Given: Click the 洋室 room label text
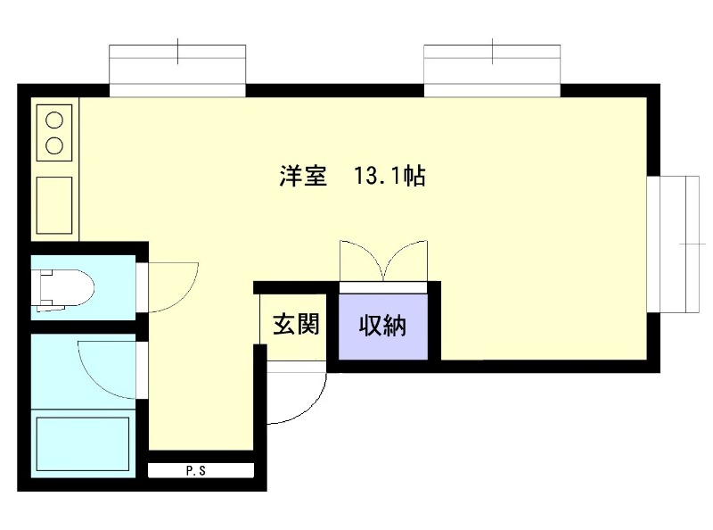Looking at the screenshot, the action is (x=303, y=175).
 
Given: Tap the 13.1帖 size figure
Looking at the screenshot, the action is (x=389, y=175).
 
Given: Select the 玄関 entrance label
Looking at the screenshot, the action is (x=296, y=324).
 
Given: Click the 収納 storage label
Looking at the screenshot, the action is (x=382, y=326).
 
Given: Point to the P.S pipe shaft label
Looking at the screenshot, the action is (x=196, y=471).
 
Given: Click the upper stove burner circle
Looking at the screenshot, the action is (x=54, y=120).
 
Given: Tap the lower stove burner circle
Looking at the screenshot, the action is (x=54, y=145).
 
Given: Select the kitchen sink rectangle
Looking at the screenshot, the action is (x=54, y=205).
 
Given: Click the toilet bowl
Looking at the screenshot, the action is (x=73, y=289).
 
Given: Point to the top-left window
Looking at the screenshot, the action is (x=177, y=70).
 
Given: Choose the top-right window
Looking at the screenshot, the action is (x=492, y=70).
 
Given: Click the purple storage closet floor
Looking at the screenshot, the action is (x=383, y=326).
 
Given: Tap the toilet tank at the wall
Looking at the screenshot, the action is (x=45, y=289).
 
